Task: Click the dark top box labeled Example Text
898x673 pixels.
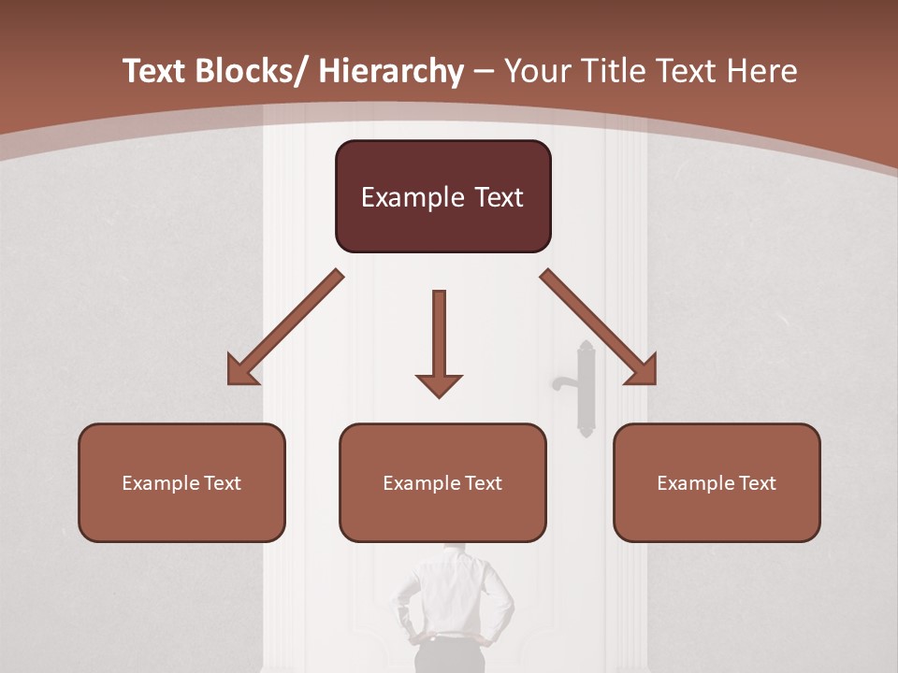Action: (x=442, y=196)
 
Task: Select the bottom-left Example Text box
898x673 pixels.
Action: (x=181, y=482)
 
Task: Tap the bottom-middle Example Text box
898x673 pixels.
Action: (x=442, y=482)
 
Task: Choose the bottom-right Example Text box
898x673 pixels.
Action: (x=717, y=482)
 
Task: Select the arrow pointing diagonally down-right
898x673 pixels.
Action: (x=599, y=327)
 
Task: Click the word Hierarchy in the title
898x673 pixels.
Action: (x=391, y=71)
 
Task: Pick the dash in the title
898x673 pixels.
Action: (x=484, y=73)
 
